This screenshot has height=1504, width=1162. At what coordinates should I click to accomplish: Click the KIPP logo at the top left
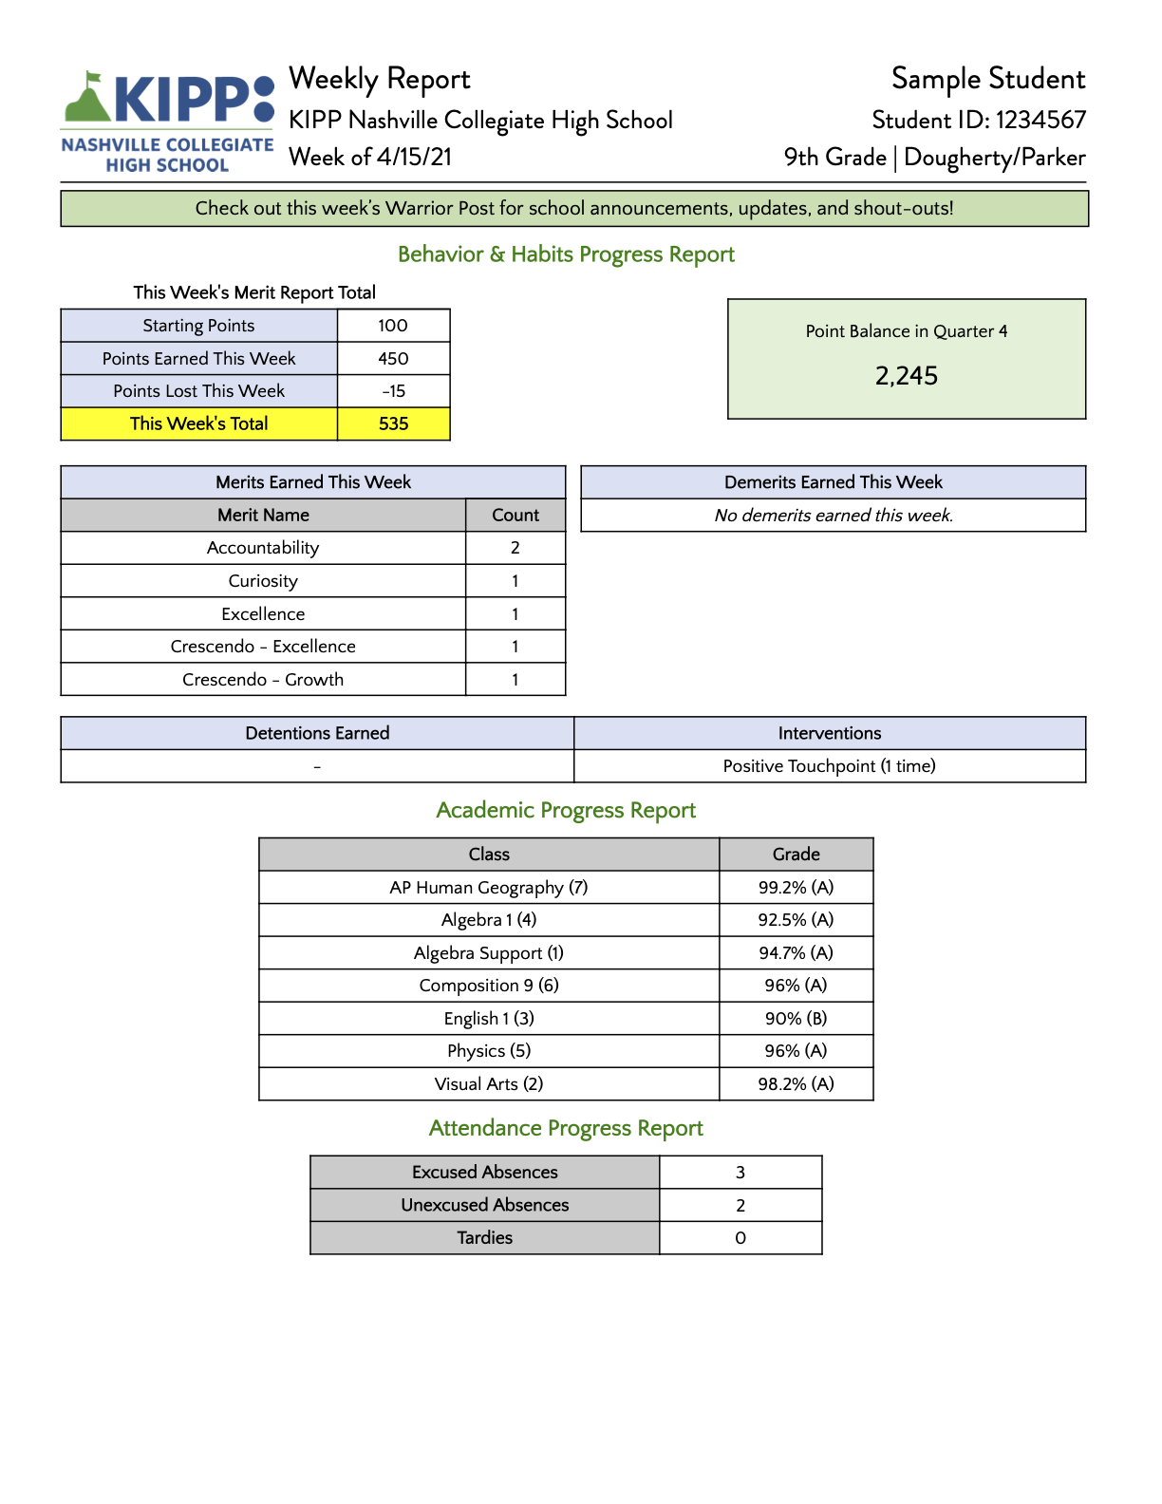pyautogui.click(x=168, y=122)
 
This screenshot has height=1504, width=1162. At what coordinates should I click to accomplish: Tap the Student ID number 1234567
pyautogui.click(x=1040, y=121)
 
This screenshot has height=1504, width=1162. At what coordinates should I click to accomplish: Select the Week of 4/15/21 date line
pyautogui.click(x=370, y=158)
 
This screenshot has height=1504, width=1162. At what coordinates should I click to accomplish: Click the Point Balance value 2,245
pyautogui.click(x=907, y=377)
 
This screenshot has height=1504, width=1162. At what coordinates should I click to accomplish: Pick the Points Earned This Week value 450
pyautogui.click(x=393, y=359)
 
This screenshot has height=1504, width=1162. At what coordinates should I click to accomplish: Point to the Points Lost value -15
pyautogui.click(x=393, y=391)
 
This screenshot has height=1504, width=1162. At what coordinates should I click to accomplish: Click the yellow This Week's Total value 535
pyautogui.click(x=393, y=424)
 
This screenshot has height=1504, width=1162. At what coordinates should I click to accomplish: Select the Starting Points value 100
pyautogui.click(x=393, y=326)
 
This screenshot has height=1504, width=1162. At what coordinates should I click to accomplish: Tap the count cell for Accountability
pyautogui.click(x=515, y=548)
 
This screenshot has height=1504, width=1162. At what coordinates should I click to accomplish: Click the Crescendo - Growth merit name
pyautogui.click(x=263, y=680)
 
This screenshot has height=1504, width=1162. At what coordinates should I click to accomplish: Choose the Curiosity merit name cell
pyautogui.click(x=263, y=581)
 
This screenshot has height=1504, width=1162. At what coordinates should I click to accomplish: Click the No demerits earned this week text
pyautogui.click(x=834, y=516)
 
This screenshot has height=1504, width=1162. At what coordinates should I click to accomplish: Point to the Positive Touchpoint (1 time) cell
pyautogui.click(x=829, y=766)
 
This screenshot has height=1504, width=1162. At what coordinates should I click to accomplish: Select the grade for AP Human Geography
pyautogui.click(x=796, y=888)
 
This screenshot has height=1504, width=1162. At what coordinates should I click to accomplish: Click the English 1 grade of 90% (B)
pyautogui.click(x=796, y=1019)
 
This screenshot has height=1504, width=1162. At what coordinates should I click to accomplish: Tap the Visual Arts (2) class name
pyautogui.click(x=489, y=1084)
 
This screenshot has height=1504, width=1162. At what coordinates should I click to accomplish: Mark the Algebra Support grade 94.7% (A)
pyautogui.click(x=796, y=953)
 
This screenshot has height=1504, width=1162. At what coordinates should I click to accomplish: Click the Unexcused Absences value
pyautogui.click(x=740, y=1206)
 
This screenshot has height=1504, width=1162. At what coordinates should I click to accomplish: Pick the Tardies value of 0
pyautogui.click(x=740, y=1238)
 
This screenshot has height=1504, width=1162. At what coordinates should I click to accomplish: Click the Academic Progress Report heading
pyautogui.click(x=566, y=811)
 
